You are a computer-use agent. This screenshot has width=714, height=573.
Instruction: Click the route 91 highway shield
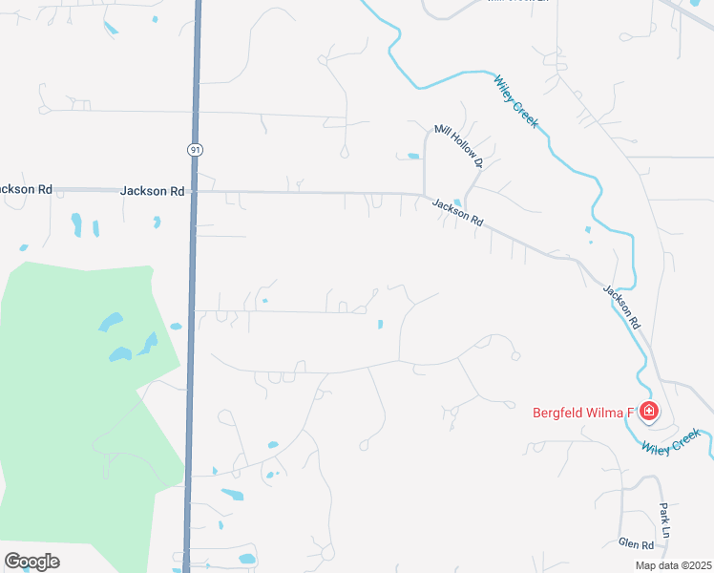click(195, 149)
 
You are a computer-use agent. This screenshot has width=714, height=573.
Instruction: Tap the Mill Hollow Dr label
click(459, 145)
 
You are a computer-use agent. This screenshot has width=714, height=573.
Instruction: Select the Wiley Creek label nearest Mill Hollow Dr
click(516, 101)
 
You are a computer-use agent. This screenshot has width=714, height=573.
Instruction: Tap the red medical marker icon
click(648, 412)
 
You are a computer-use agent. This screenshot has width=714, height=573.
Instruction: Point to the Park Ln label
click(665, 519)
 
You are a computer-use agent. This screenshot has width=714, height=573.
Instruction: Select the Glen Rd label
click(635, 544)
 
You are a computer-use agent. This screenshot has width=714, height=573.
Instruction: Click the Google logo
click(31, 562)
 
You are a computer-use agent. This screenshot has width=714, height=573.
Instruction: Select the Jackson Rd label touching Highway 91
click(152, 191)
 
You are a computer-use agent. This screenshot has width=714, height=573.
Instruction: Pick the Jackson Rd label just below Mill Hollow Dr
click(457, 212)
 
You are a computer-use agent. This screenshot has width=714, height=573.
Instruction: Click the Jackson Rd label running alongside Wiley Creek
click(621, 307)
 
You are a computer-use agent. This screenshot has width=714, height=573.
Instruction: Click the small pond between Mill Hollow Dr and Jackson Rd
click(413, 156)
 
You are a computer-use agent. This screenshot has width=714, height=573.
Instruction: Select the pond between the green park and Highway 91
click(176, 327)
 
